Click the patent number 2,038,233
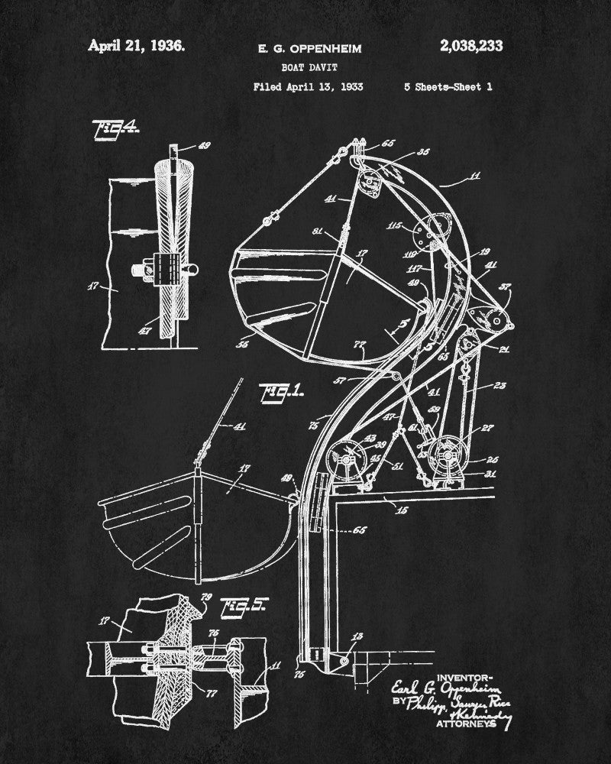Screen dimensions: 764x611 tap(471, 46)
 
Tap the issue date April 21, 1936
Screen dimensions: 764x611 tap(136, 45)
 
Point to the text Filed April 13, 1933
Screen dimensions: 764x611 tap(308, 87)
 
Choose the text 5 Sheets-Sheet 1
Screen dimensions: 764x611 tap(448, 87)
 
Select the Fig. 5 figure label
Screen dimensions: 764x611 tap(243, 607)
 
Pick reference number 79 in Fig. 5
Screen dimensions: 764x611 tap(205, 597)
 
